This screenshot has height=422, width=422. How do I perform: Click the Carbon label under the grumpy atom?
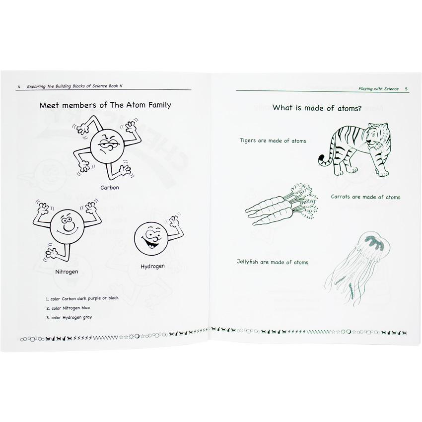pos(110,188)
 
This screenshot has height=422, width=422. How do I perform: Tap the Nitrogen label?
pos(67,272)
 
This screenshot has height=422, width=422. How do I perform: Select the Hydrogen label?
pos(152,267)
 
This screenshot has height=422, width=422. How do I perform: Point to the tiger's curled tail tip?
pos(322,161)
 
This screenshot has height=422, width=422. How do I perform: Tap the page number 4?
pos(19,87)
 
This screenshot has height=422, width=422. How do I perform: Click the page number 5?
pos(406,89)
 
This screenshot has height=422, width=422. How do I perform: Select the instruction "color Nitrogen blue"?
pos(68,308)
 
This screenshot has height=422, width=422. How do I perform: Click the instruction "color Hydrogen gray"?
pos(69,318)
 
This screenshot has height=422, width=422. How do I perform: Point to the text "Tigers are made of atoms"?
pos(273,141)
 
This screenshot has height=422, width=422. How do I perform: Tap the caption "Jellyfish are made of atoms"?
pos(273,262)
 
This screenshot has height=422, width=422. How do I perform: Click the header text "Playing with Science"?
pos(378,89)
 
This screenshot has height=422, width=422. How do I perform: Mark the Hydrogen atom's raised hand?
pos(174,221)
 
